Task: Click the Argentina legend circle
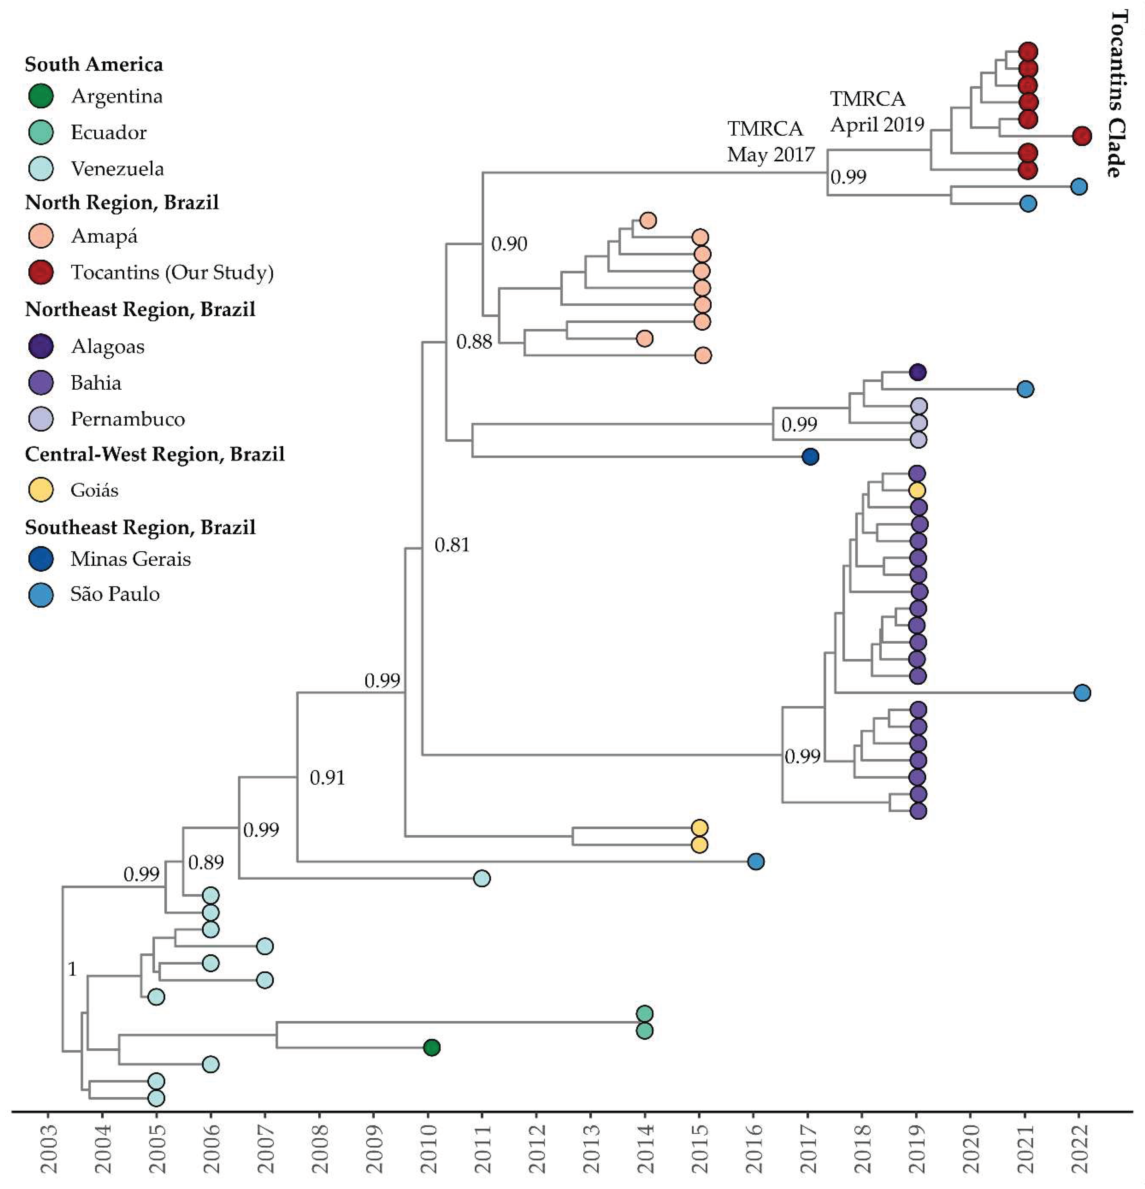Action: pyautogui.click(x=41, y=96)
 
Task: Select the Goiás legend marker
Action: pyautogui.click(x=41, y=490)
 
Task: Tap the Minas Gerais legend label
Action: pyautogui.click(x=130, y=559)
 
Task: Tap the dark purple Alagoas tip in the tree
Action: pyautogui.click(x=917, y=372)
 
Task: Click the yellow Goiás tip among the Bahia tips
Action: pyautogui.click(x=917, y=490)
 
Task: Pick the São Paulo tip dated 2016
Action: pyautogui.click(x=756, y=861)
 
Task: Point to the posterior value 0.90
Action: pyautogui.click(x=509, y=244)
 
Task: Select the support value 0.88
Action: pyautogui.click(x=474, y=342)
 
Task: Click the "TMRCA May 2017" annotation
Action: pyautogui.click(x=770, y=141)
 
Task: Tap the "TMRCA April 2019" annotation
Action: pyautogui.click(x=876, y=111)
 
